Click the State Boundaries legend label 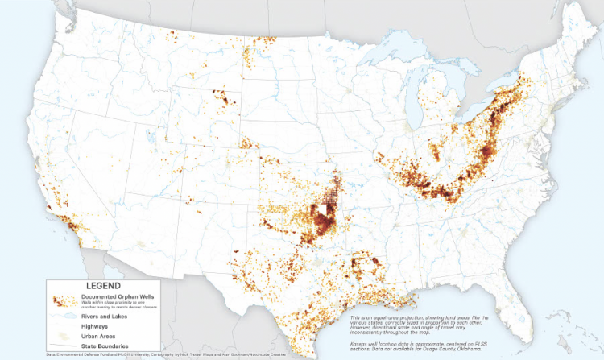click(x=102, y=348)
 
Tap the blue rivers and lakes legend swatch click(x=61, y=317)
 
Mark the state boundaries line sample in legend click(x=61, y=348)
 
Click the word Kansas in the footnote click(x=359, y=343)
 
